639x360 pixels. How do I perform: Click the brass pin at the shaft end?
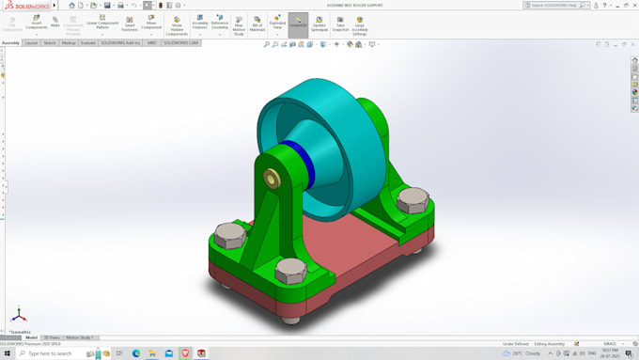point(272,178)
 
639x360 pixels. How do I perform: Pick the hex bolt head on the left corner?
point(228,235)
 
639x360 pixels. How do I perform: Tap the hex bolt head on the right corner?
point(413,199)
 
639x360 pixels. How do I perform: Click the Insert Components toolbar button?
point(37,23)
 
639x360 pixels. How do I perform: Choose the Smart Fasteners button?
point(130,23)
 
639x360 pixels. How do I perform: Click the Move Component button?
point(151,23)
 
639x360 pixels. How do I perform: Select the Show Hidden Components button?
point(177,25)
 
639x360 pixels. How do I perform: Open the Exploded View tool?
point(277,23)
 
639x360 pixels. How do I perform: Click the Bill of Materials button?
point(257,23)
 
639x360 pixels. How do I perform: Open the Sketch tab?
point(50,43)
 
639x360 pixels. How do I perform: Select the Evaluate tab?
point(88,43)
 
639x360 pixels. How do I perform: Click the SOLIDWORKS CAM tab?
point(180,43)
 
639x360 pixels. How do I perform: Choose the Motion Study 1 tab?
point(80,337)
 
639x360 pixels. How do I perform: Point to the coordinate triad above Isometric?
point(18,317)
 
